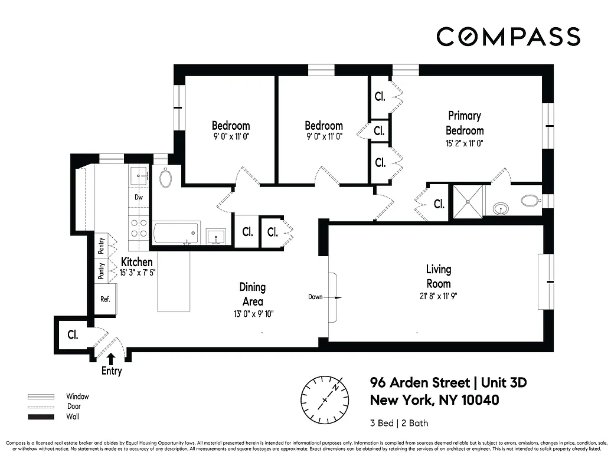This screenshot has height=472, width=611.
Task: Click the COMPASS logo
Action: (x=508, y=37)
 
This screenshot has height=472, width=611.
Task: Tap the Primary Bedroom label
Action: (x=464, y=123)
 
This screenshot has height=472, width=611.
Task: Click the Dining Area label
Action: (x=252, y=294)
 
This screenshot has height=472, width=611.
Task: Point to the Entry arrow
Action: (x=112, y=358)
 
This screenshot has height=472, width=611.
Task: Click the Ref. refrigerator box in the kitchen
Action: (x=106, y=299)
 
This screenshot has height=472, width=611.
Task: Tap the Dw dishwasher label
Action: (x=139, y=198)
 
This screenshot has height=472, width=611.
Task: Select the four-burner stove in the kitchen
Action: (x=139, y=228)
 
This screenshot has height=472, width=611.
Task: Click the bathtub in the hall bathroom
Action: (x=176, y=232)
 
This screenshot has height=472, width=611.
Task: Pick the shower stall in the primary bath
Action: (x=468, y=201)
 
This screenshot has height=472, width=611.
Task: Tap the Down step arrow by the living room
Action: (x=324, y=297)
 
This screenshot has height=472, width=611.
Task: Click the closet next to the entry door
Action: (x=72, y=335)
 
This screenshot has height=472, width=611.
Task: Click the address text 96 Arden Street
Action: (x=422, y=382)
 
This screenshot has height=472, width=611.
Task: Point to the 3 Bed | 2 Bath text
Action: (x=399, y=423)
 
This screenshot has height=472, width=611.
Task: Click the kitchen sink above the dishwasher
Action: (x=139, y=175)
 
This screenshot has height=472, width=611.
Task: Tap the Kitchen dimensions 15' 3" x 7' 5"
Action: (x=136, y=273)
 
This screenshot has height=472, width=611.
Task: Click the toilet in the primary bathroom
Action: (x=530, y=201)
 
